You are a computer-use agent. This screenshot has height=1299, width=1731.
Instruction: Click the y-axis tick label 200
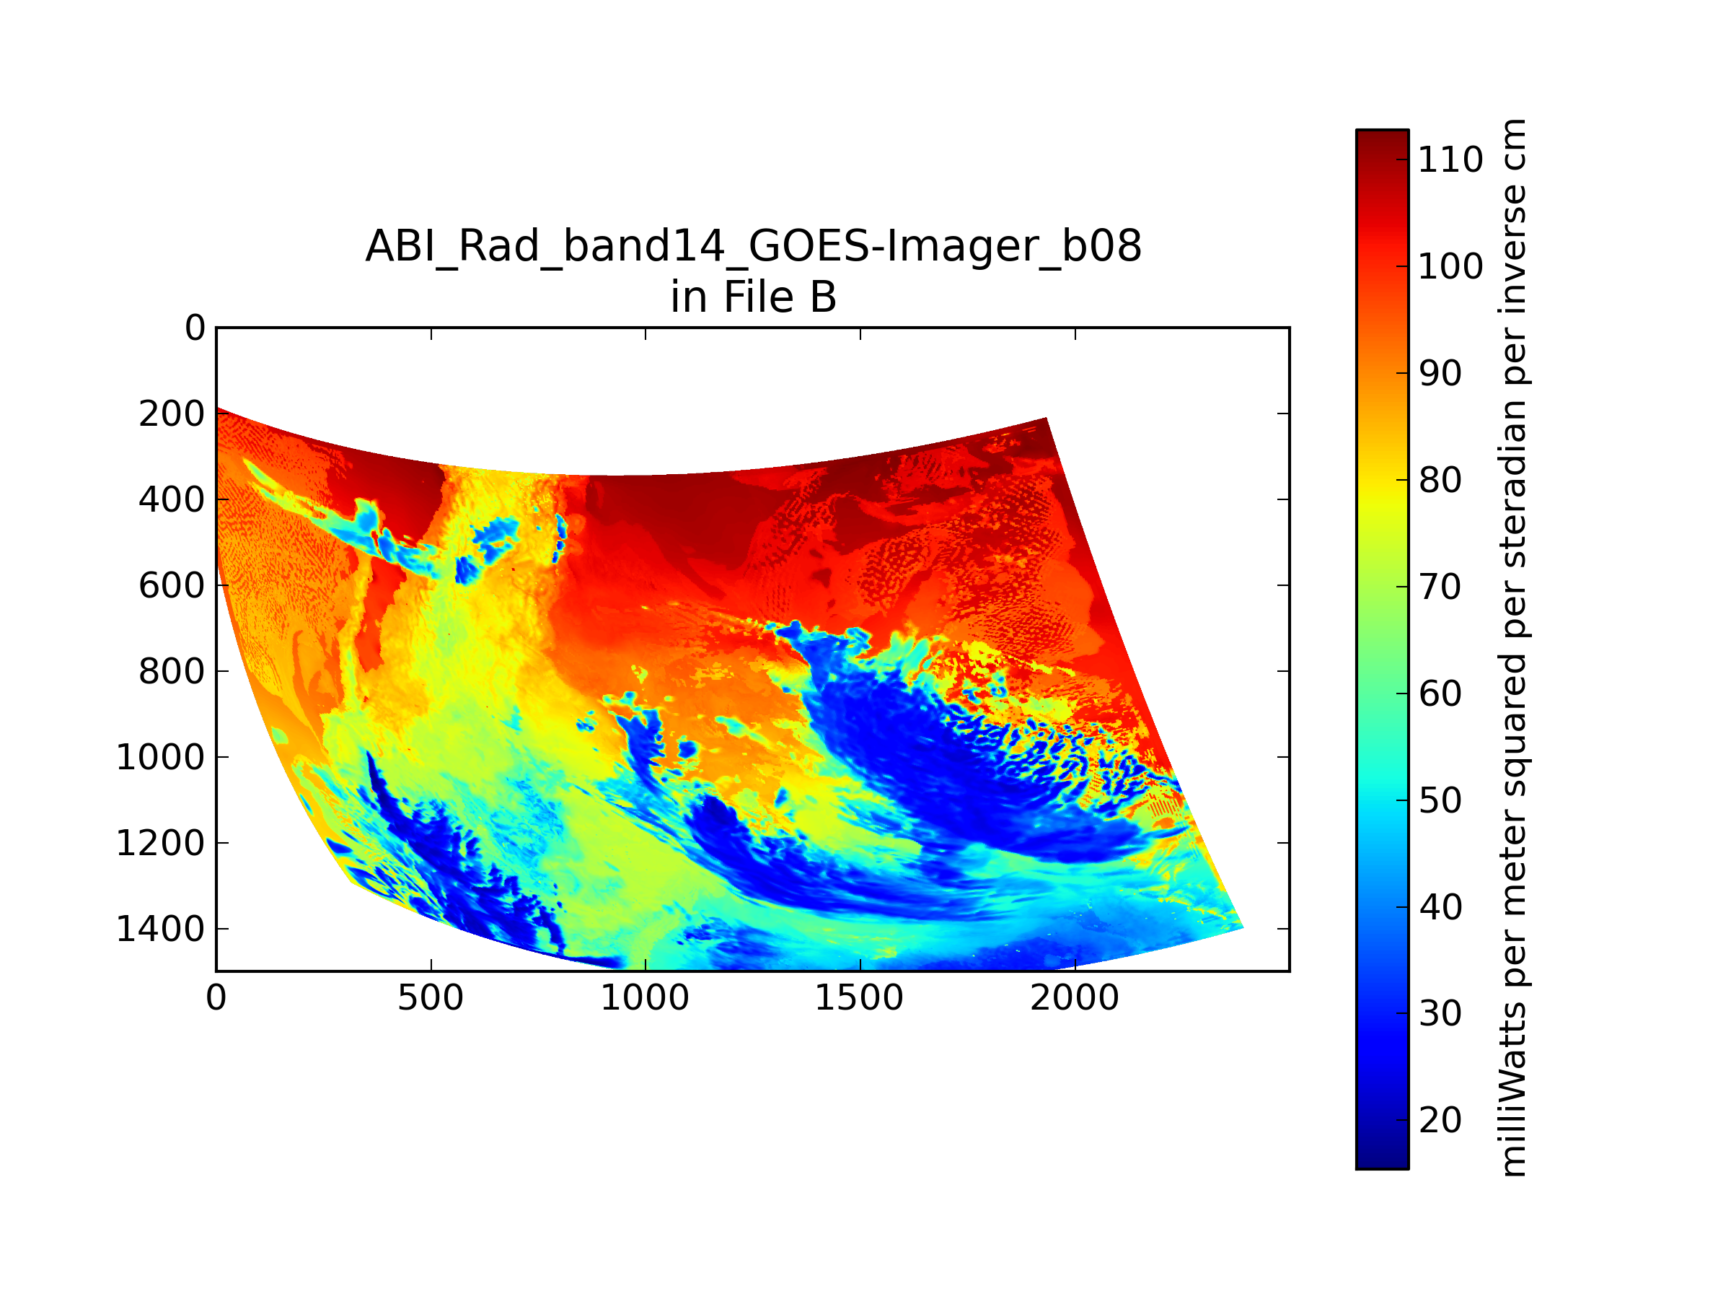point(172,414)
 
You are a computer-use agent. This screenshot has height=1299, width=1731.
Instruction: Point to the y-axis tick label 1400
point(159,930)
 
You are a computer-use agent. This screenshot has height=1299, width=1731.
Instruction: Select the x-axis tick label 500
point(431,998)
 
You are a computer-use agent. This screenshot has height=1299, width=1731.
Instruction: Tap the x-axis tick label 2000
point(1075,998)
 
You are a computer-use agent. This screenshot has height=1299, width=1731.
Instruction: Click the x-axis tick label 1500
point(859,998)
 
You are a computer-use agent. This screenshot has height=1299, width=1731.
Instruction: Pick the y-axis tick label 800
point(172,672)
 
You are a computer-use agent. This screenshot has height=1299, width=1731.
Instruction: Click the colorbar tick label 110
point(1450,159)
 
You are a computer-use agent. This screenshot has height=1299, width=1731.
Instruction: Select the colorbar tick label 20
point(1440,1121)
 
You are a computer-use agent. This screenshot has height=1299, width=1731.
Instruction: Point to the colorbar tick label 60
point(1440,694)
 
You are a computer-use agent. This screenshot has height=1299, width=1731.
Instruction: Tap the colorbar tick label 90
point(1440,374)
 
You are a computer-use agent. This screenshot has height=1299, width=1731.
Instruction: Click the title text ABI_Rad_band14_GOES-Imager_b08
point(754,246)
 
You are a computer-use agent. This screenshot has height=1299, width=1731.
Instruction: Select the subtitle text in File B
point(754,297)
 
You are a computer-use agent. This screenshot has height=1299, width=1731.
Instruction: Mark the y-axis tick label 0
point(195,328)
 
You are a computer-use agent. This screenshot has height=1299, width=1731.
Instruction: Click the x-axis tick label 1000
point(645,998)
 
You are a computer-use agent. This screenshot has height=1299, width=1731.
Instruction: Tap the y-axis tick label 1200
point(159,844)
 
